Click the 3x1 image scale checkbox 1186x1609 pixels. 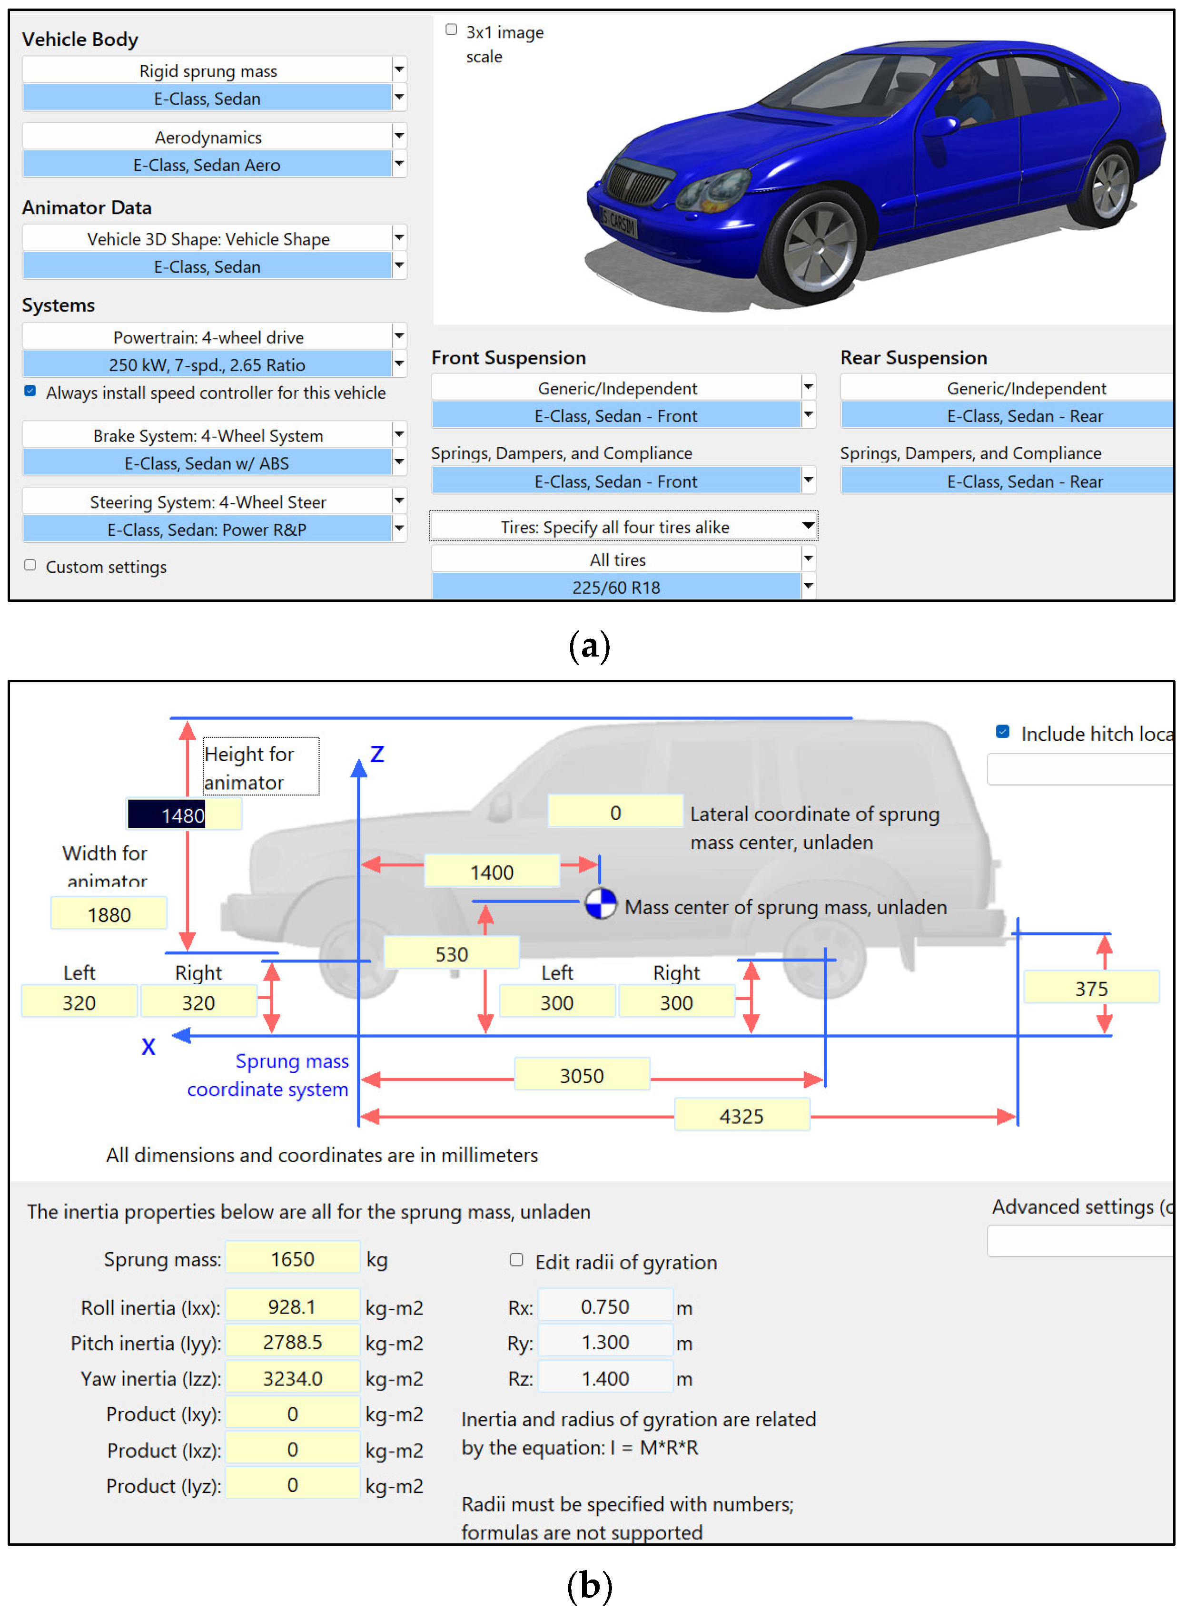(451, 29)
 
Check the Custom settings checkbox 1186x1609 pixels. (30, 566)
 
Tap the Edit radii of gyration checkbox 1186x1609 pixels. (516, 1260)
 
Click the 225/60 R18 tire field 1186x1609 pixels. (616, 587)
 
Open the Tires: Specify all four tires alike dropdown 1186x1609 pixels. (623, 527)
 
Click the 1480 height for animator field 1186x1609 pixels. (184, 815)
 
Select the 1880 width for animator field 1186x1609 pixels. (109, 914)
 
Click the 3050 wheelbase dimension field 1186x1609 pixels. (582, 1075)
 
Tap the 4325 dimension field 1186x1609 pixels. (741, 1116)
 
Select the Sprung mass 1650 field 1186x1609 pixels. (292, 1259)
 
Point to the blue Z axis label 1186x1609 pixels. (377, 754)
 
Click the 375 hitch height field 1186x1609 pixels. (1090, 989)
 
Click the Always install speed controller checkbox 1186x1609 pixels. (30, 391)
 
